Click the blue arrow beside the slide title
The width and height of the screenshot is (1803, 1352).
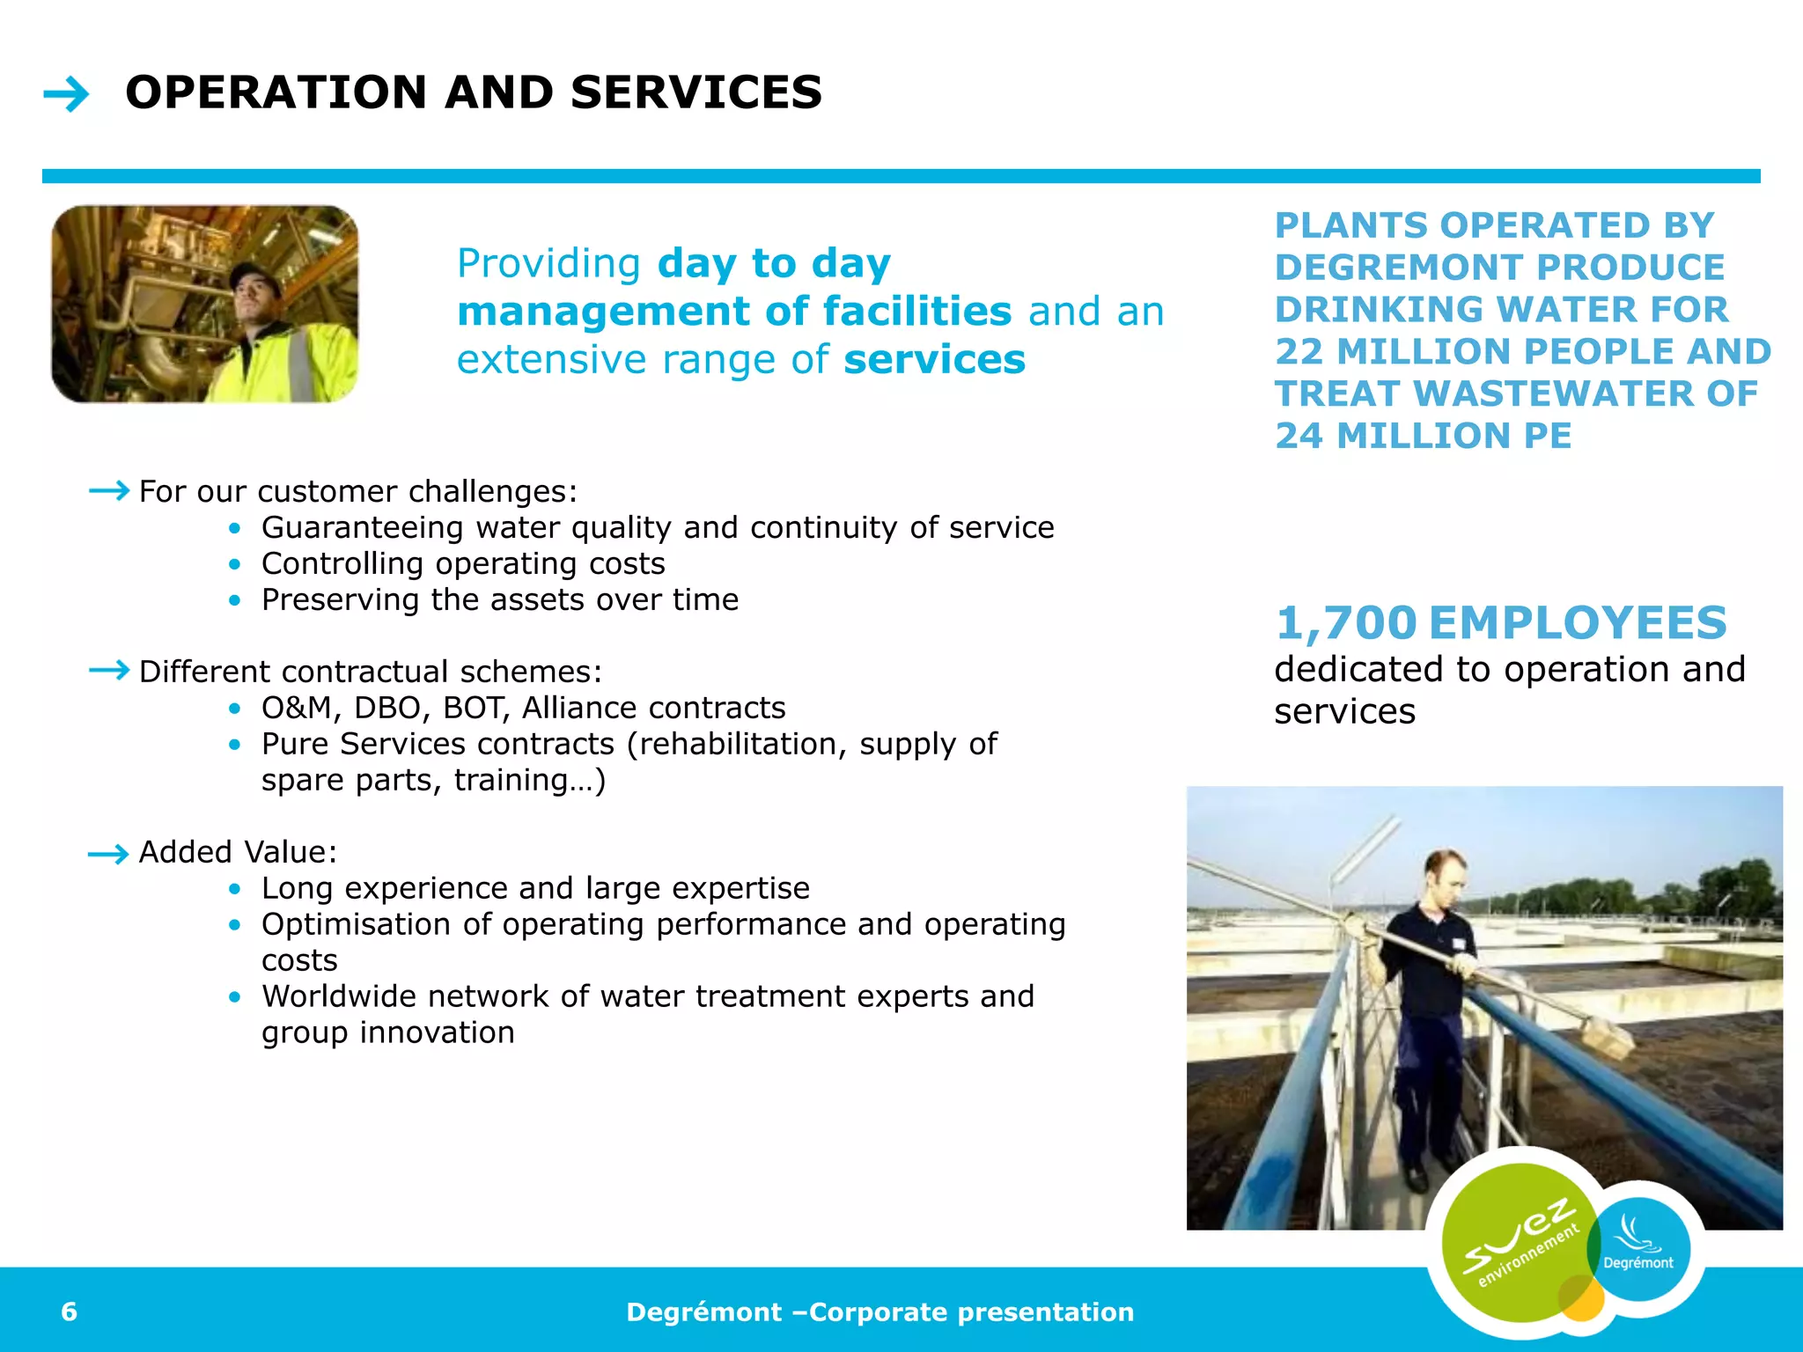66,94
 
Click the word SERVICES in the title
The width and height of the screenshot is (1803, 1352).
695,92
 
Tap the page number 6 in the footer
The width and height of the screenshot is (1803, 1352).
69,1312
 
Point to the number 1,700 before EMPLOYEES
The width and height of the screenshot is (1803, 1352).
1345,623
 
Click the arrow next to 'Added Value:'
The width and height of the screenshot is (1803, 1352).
109,854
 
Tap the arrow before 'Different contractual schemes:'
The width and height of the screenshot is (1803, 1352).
109,671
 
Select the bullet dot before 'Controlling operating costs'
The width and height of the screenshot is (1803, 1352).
234,563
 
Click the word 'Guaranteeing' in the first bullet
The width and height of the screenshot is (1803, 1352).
362,527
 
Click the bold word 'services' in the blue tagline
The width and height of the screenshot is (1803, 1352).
934,359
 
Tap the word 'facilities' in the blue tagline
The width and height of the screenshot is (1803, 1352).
916,312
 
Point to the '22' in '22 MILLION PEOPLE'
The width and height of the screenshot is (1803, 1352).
1299,351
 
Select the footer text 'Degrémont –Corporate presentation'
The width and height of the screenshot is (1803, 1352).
879,1312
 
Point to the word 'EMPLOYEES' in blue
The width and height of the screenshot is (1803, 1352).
1577,623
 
